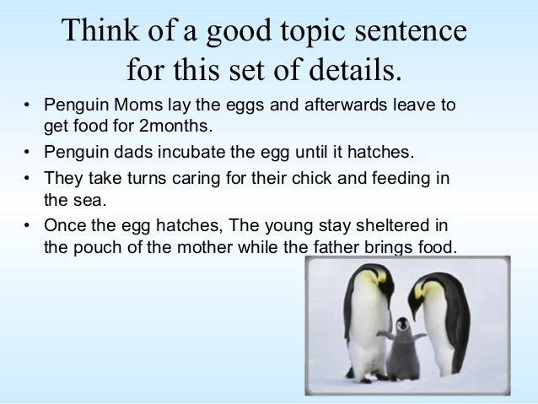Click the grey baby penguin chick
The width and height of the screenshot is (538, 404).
click(402, 346)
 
